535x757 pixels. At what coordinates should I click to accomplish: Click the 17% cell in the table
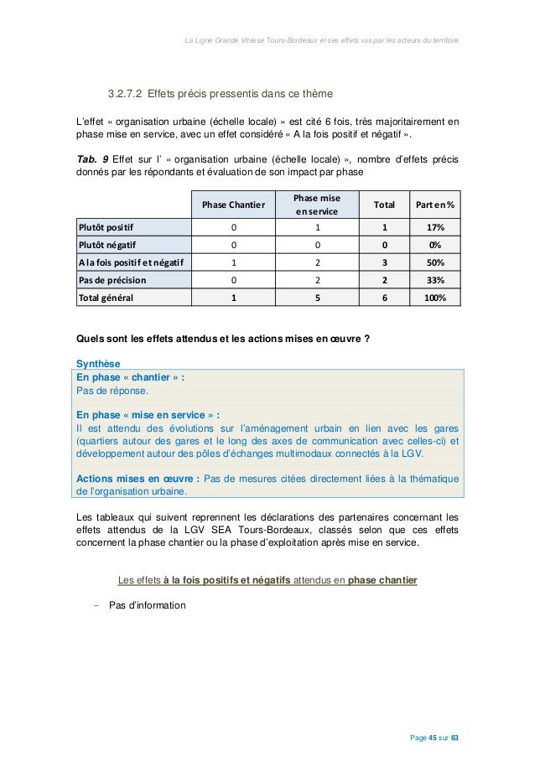434,226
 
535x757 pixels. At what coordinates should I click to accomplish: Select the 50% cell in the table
434,262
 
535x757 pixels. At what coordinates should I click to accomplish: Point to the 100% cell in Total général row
434,297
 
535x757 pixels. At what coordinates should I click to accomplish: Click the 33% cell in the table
434,279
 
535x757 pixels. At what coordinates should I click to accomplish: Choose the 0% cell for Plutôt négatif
434,244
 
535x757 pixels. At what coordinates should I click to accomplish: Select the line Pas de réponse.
112,391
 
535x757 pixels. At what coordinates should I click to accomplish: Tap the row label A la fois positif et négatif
132,262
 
